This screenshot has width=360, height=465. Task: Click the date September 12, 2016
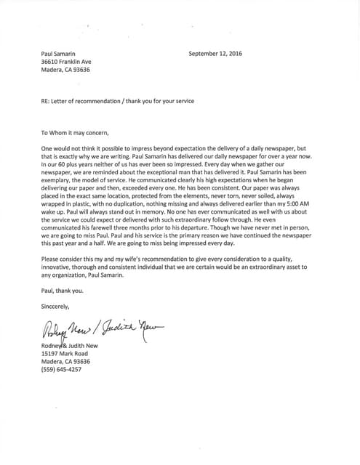pyautogui.click(x=216, y=53)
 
